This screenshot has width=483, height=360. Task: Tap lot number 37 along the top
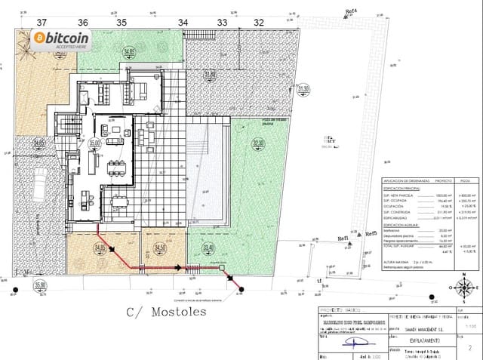point(41,23)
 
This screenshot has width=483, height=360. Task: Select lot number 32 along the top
point(259,23)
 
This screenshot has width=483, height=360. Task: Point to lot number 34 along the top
point(183,23)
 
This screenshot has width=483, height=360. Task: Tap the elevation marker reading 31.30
point(303,89)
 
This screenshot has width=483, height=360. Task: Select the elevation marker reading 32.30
point(259,143)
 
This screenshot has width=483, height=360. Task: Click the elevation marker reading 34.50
point(159,247)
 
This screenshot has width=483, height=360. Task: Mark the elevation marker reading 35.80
point(40,285)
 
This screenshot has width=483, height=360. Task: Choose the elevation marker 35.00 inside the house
point(95,143)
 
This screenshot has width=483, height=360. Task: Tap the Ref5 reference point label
point(371,234)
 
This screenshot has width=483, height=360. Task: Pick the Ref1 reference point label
point(343,237)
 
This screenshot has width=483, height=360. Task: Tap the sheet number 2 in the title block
point(469,349)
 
